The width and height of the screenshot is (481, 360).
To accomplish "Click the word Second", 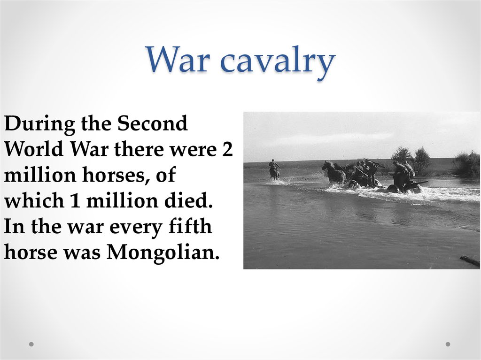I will [152, 124].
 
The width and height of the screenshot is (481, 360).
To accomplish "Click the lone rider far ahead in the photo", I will [274, 169].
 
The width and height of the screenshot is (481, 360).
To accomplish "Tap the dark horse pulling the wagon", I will [334, 173].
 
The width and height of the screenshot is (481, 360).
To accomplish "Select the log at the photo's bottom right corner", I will [470, 261].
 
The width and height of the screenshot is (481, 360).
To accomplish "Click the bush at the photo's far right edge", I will [467, 164].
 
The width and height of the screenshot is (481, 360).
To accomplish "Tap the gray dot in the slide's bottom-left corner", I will [31, 344].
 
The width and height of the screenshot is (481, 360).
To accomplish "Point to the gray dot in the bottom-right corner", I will [448, 344].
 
